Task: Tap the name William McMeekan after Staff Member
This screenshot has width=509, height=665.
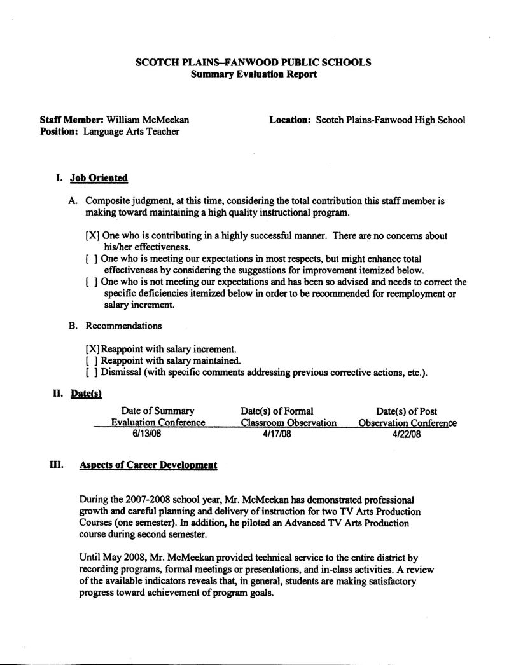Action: tap(148, 120)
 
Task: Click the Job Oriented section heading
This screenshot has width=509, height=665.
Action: tap(99, 179)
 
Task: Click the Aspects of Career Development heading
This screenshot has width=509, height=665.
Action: tap(148, 465)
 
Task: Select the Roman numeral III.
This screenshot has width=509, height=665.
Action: tap(56, 465)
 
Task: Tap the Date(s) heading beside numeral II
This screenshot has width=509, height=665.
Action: tap(87, 394)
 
